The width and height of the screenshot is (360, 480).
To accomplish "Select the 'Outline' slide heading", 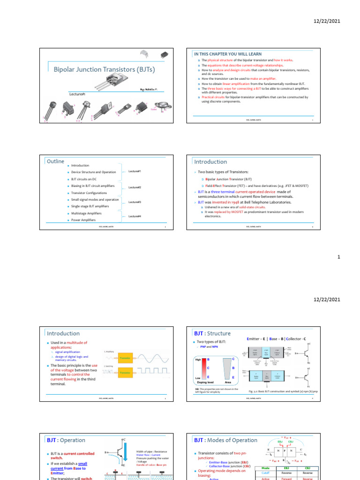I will click(56, 161).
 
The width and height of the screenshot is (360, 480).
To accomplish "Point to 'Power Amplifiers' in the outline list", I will click(83, 220).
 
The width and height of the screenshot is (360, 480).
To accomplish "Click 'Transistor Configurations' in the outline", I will click(89, 193).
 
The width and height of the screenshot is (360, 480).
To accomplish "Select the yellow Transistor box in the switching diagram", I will click(124, 373).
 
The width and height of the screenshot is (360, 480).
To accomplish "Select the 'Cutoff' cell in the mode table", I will click(265, 473).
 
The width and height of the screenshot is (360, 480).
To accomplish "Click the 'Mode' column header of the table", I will click(265, 467).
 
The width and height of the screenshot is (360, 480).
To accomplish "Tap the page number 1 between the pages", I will click(338, 257).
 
